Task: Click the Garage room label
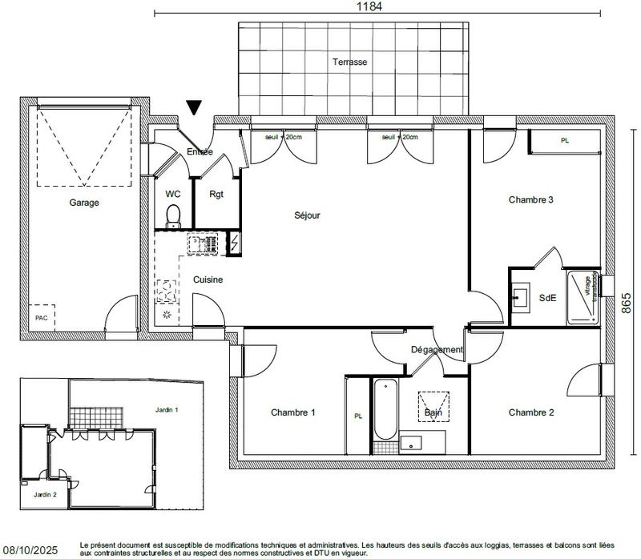(83, 203)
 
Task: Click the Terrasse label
(350, 62)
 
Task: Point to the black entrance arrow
(194, 108)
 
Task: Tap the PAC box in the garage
(40, 317)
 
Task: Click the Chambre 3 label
(531, 199)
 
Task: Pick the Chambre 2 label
(531, 412)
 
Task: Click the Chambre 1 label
(292, 412)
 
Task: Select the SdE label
(548, 298)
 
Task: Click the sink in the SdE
(520, 299)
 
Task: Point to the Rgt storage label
(216, 194)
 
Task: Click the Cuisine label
(208, 279)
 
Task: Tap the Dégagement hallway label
(437, 350)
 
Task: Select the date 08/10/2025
(30, 551)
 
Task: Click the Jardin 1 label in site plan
(166, 409)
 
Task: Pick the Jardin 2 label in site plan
(45, 494)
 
